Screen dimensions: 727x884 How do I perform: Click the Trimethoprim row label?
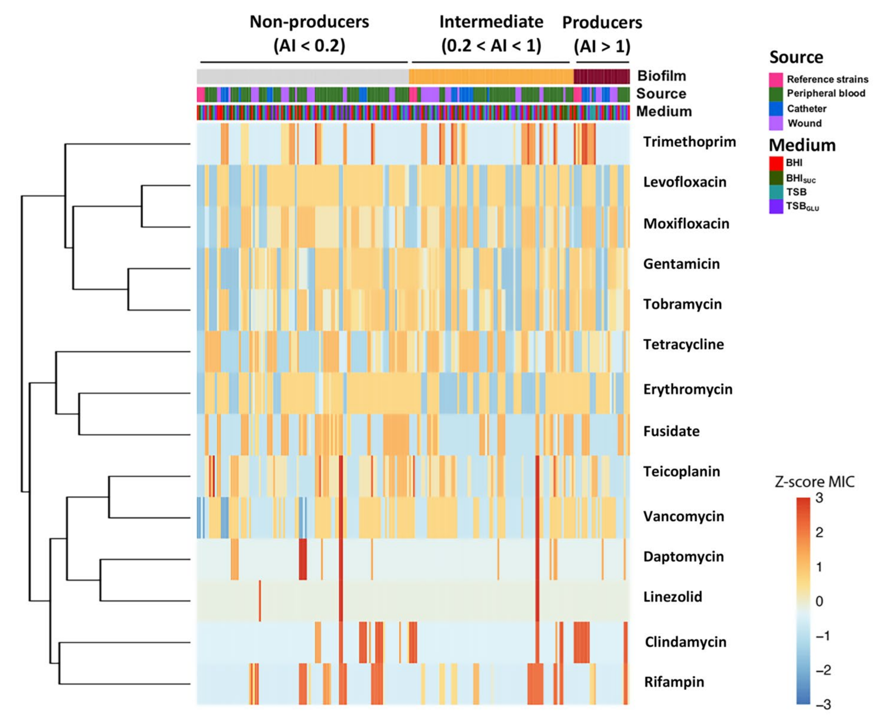click(689, 142)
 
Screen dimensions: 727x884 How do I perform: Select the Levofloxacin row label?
click(684, 182)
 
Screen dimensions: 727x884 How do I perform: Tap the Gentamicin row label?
click(681, 264)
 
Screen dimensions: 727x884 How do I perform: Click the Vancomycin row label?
click(683, 516)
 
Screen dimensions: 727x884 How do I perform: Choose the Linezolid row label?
click(672, 597)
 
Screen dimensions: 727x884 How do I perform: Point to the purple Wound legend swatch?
click(776, 123)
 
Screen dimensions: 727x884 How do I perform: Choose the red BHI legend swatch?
click(776, 163)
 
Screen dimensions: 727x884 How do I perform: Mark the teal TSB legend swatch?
click(776, 192)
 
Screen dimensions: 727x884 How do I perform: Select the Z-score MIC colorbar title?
click(814, 482)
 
